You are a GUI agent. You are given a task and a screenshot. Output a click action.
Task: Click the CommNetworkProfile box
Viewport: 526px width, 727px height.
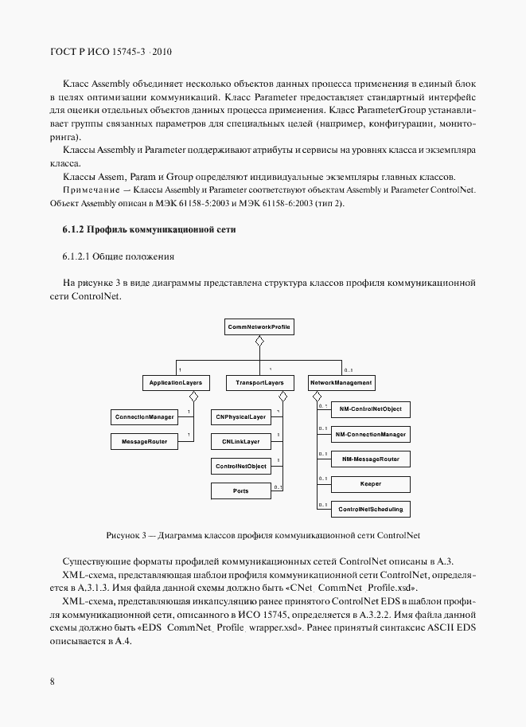tap(259, 326)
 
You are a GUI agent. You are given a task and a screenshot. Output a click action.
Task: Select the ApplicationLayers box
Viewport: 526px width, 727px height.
tap(176, 383)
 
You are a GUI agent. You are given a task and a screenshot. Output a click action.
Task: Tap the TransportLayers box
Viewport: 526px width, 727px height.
tap(255, 383)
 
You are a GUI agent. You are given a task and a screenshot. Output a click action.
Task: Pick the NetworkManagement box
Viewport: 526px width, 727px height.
tap(341, 383)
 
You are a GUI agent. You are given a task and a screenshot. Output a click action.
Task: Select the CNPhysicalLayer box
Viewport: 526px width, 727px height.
tap(240, 417)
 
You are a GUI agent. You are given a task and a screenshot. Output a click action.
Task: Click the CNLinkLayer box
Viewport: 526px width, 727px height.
tap(240, 440)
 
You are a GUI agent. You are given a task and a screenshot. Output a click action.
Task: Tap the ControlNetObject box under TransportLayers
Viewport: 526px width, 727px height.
tap(240, 466)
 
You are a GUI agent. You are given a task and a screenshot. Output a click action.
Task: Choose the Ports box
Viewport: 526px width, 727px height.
tap(240, 491)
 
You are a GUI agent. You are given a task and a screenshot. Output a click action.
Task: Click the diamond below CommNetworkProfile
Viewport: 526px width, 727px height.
tap(259, 341)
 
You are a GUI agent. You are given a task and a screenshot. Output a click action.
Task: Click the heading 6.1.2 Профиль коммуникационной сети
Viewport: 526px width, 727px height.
tap(149, 230)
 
